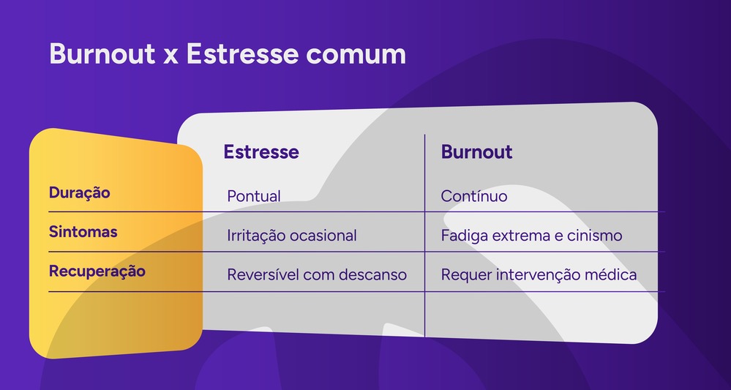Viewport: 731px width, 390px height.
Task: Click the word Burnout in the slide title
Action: [x=97, y=55]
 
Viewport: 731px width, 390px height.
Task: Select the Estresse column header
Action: [x=261, y=152]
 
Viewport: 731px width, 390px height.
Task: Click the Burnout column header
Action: [x=476, y=152]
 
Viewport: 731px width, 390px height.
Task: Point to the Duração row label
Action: [x=79, y=193]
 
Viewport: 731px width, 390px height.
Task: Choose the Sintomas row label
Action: [x=83, y=232]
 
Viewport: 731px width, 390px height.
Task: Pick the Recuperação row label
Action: [x=97, y=271]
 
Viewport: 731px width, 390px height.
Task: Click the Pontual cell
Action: [x=254, y=197]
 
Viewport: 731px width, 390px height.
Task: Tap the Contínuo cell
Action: [x=474, y=197]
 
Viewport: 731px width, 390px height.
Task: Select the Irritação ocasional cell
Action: [x=292, y=236]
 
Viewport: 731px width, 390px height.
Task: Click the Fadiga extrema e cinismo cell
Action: [x=531, y=236]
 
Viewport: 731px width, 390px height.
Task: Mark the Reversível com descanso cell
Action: [x=317, y=275]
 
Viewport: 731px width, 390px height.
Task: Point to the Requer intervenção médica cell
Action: [x=539, y=275]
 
